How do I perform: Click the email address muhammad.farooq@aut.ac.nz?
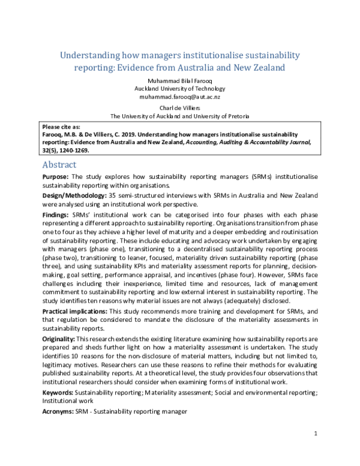point(180,96)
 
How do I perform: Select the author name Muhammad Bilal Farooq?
point(180,79)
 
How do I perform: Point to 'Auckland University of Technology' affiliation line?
point(180,88)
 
